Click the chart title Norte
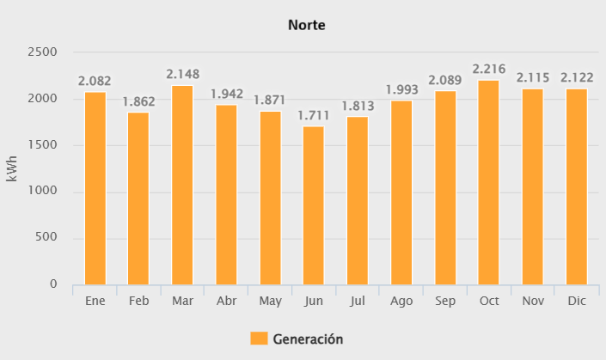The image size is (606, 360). coord(306,25)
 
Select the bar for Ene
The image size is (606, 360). coord(95,188)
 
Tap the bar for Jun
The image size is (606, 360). coord(314,205)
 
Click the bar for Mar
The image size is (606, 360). coord(182,185)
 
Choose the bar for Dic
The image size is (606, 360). coord(576,186)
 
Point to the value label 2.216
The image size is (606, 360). coord(488,69)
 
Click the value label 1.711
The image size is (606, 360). coord(314,115)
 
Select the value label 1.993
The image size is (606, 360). coord(401,89)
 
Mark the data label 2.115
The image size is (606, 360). coord(532,77)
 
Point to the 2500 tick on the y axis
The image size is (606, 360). coord(43,52)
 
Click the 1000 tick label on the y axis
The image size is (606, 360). coord(43,192)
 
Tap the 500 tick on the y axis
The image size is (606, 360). coord(46,238)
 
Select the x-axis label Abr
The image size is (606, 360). coord(226,302)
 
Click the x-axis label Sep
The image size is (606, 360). coord(444,302)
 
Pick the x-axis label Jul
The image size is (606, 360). coord(357,302)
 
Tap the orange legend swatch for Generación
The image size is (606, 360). coord(259,339)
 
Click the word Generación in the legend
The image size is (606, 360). coord(308,339)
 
